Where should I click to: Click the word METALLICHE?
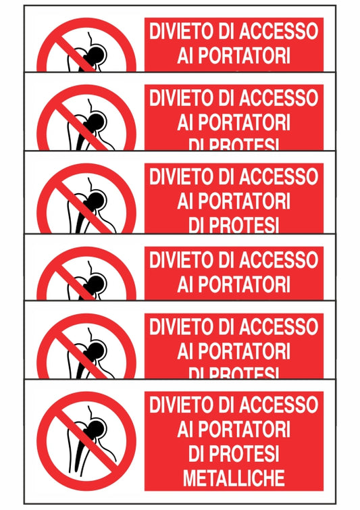point(234,478)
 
